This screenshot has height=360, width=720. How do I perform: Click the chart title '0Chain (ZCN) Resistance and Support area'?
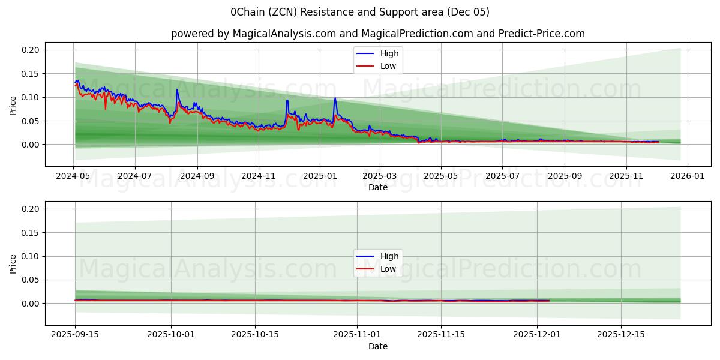tap(359, 12)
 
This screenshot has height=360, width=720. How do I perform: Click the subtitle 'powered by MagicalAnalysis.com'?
tap(253, 34)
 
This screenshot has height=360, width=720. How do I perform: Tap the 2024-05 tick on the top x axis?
tap(74, 176)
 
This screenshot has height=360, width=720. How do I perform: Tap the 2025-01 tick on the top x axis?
tap(320, 176)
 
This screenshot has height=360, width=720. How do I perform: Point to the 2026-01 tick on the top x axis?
tap(687, 176)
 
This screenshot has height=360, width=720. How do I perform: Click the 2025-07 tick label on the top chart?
tap(502, 176)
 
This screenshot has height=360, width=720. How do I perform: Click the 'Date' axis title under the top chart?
tap(378, 187)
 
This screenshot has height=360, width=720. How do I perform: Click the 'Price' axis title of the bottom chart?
tap(13, 264)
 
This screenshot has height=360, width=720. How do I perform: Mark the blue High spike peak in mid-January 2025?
tap(335, 98)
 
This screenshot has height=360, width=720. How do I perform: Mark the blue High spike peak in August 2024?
tap(177, 90)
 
